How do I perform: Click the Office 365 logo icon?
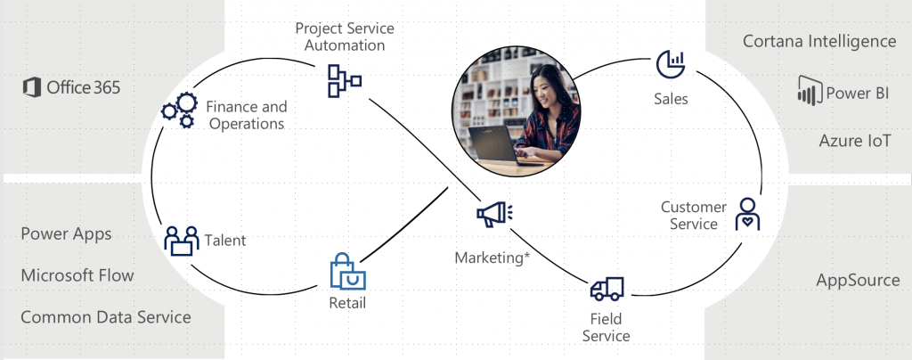[x=32, y=87]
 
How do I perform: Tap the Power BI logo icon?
[x=810, y=91]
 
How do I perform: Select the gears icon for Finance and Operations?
[x=180, y=110]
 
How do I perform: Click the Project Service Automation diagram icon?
[x=345, y=81]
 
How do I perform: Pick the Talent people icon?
[x=182, y=241]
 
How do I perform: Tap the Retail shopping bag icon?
[x=348, y=271]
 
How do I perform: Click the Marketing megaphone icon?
[x=494, y=214]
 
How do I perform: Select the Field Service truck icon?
[x=607, y=289]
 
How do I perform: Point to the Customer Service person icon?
[x=747, y=214]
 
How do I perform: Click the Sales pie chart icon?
[x=671, y=64]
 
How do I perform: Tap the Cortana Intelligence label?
[x=819, y=41]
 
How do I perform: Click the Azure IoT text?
[x=854, y=141]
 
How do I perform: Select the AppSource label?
[x=858, y=281]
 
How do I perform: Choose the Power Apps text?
[x=66, y=233]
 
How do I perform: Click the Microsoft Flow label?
[x=77, y=275]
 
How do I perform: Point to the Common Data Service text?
[x=106, y=317]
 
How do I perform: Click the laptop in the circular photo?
[x=493, y=144]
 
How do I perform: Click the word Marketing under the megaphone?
[x=489, y=257]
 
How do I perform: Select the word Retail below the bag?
[x=347, y=302]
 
